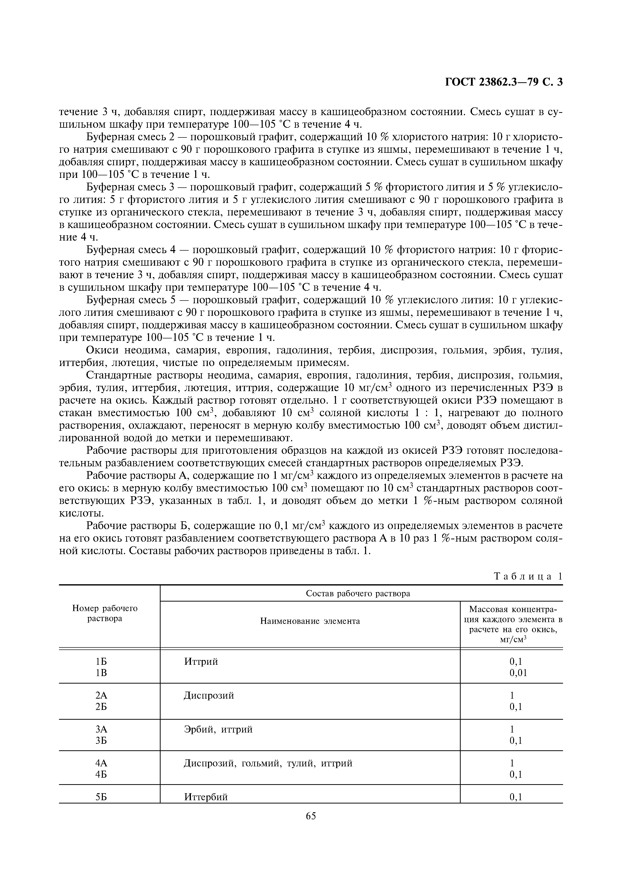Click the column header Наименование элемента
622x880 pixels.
pyautogui.click(x=310, y=621)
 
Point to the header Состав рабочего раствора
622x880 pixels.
pyautogui.click(x=358, y=593)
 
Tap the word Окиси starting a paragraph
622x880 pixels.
pyautogui.click(x=102, y=350)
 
